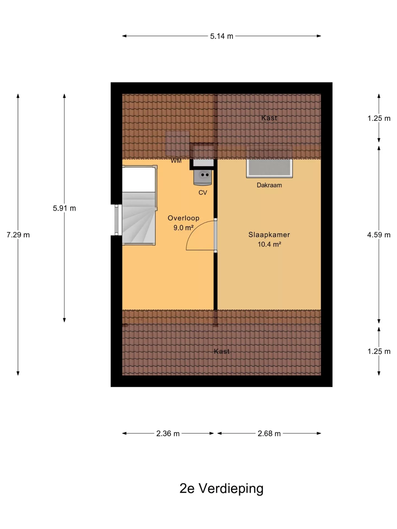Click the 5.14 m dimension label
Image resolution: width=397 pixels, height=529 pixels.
221,36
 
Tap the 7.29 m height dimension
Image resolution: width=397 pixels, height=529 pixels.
18,235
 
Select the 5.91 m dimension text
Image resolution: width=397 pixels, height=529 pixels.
64,208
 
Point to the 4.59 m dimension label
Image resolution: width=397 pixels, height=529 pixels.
379,235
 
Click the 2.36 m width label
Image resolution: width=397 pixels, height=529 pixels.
168,434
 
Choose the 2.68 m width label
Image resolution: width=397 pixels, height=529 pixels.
269,434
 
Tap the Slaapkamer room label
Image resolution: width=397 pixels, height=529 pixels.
269,235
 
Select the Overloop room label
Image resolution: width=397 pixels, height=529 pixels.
183,218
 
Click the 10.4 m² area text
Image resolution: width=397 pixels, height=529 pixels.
269,244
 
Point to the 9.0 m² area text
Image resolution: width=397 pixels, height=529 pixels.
183,228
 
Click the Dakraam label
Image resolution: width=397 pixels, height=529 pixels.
269,185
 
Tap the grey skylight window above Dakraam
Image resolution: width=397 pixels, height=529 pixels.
269,168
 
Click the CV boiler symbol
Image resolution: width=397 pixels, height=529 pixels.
203,177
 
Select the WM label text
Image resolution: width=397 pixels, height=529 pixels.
176,161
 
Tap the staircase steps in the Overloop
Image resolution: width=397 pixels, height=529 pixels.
138,218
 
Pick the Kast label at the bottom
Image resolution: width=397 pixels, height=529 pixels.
221,351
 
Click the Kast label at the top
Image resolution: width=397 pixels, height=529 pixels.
269,118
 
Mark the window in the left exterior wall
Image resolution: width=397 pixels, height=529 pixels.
116,220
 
